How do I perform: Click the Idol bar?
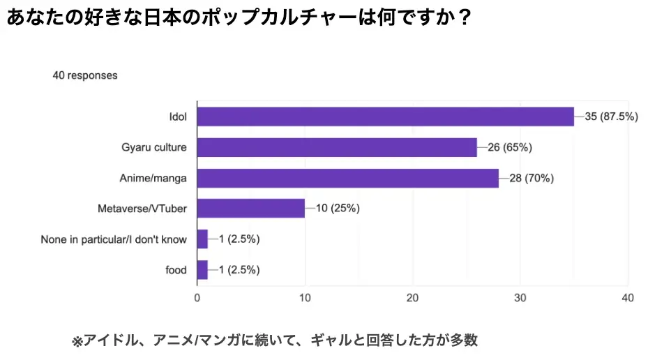pos(385,117)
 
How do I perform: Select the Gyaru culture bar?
pos(337,147)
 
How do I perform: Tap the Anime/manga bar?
pos(347,178)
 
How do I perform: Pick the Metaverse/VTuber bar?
pos(251,209)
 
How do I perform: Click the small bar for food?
pos(202,269)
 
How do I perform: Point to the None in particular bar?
pos(202,239)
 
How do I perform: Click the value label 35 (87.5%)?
pos(611,117)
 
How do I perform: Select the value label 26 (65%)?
pos(509,147)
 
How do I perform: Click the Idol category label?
pos(178,117)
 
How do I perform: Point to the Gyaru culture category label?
pos(154,147)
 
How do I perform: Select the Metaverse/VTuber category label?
pos(143,209)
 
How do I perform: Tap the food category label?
pos(176,269)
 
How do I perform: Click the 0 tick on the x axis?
pos(197,297)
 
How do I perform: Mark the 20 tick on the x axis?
pos(413,297)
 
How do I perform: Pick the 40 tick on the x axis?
pos(628,297)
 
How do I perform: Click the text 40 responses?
pos(85,75)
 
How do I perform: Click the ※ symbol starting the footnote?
pos(77,341)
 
